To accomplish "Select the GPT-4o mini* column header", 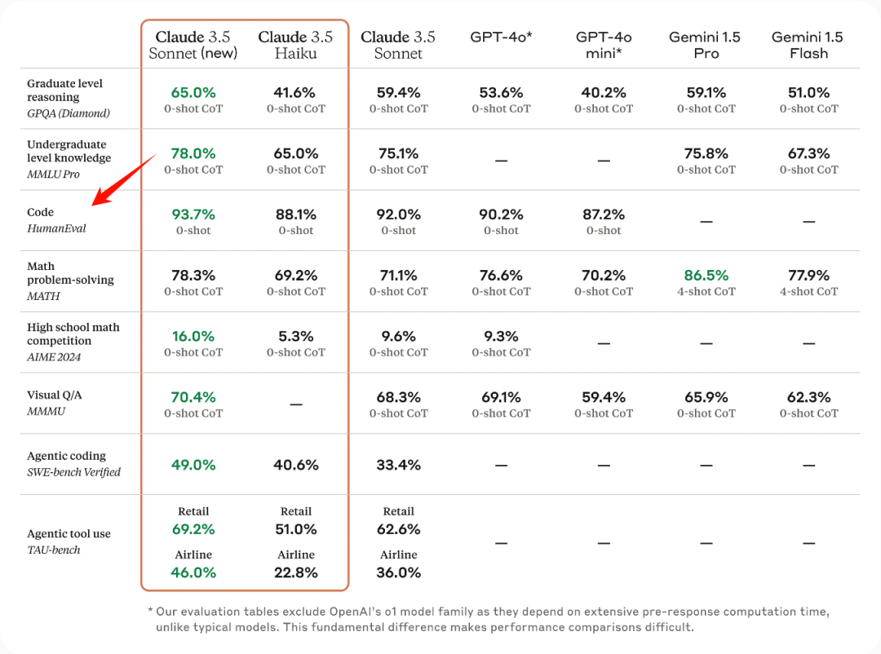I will click(604, 45).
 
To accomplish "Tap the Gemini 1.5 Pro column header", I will click(706, 45).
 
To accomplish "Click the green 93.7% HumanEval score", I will click(193, 214).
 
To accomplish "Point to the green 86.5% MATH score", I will click(706, 276).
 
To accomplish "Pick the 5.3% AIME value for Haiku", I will click(296, 336).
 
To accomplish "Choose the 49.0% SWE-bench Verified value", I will click(193, 465).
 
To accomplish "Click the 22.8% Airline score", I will click(296, 572).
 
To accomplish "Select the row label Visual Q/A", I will click(55, 395).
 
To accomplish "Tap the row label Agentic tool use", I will click(69, 533).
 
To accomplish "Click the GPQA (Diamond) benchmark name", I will click(69, 113).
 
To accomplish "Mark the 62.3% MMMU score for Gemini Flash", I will click(808, 397).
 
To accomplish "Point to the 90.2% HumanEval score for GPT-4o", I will click(501, 214).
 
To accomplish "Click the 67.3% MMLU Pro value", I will click(808, 153).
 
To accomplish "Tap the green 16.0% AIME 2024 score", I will click(193, 336).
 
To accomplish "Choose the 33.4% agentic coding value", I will click(398, 465).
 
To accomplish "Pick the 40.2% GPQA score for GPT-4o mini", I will click(604, 93).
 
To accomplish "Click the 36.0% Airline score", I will click(398, 572).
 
